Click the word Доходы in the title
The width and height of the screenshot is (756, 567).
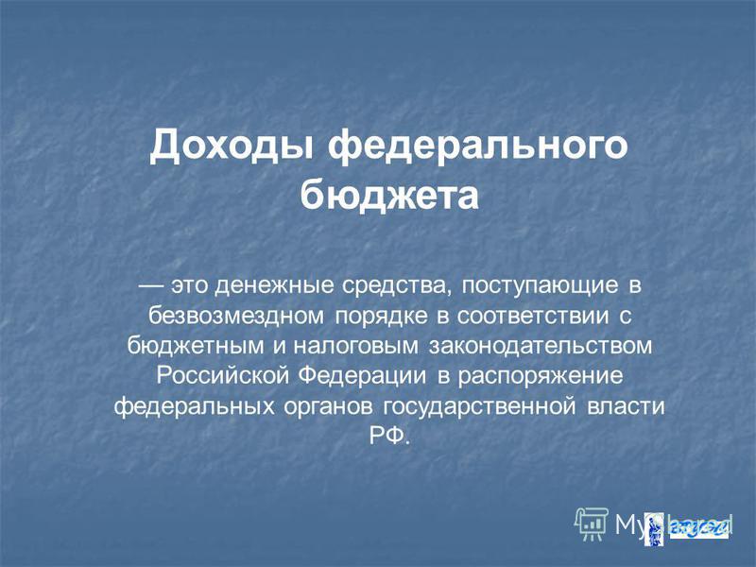tap(232, 146)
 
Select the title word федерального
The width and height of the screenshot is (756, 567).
tap(478, 146)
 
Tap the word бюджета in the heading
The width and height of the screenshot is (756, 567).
tap(389, 196)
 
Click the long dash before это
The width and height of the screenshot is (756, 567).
tap(152, 286)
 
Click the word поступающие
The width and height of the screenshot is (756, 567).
tap(540, 286)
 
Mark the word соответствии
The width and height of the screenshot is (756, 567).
tap(533, 317)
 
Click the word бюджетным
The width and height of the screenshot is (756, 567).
tap(196, 347)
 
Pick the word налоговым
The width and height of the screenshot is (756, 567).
tap(356, 347)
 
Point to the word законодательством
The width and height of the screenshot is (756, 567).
tap(540, 347)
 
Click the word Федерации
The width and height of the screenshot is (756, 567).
tap(362, 376)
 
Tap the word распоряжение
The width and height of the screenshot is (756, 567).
tap(541, 377)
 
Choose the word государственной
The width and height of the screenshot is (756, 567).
tap(480, 407)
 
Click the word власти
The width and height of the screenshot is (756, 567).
tap(626, 407)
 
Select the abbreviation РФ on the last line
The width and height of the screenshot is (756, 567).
tap(389, 437)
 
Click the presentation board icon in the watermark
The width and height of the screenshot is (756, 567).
tap(592, 524)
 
